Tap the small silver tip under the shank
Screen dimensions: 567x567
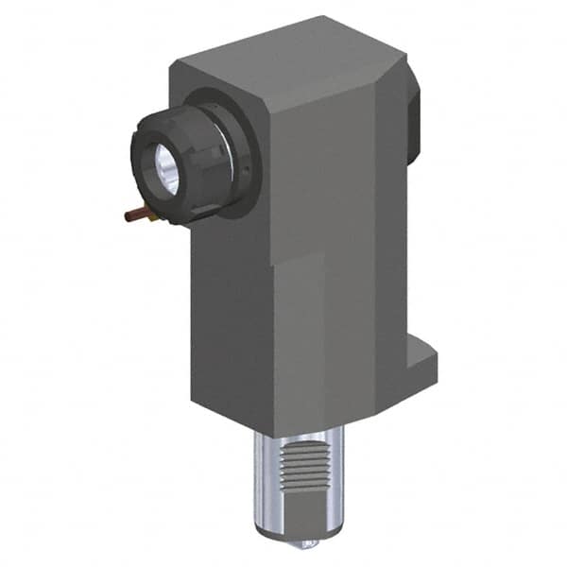click(x=305, y=544)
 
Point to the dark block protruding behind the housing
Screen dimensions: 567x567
click(x=413, y=118)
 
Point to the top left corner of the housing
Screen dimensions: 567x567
click(x=173, y=66)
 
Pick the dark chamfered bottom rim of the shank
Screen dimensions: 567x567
click(x=298, y=535)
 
